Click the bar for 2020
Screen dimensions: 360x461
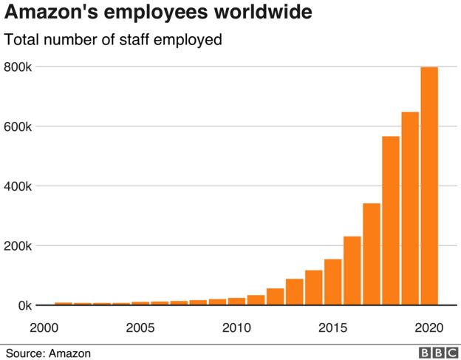(429, 186)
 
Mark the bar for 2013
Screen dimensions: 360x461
(295, 291)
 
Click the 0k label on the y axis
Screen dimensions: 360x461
(22, 305)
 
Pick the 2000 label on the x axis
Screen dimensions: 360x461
(44, 327)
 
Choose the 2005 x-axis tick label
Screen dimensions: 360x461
(140, 327)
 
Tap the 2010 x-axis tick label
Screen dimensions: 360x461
(236, 327)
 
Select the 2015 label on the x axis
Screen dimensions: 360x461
(332, 327)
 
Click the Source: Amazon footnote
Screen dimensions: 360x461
(48, 353)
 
